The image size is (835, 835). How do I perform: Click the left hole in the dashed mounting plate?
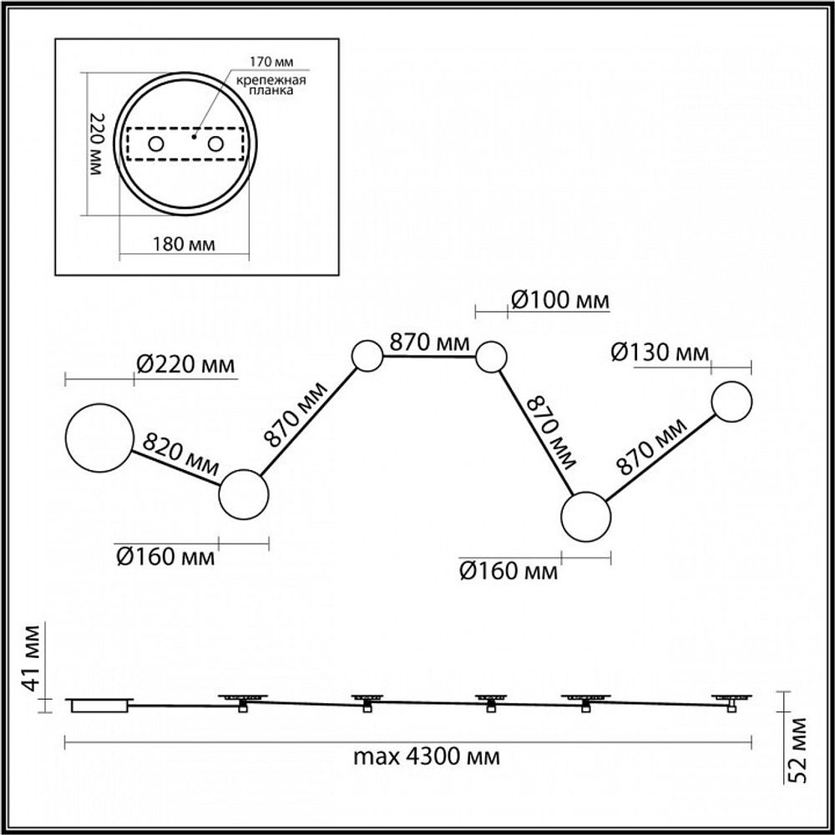(156, 144)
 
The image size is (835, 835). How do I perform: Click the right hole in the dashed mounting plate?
(217, 144)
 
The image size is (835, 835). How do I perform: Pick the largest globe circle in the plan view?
(99, 437)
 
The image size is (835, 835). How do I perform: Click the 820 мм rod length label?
(180, 453)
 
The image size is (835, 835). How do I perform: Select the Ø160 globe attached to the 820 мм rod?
(244, 495)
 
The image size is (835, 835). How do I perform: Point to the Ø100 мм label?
(559, 299)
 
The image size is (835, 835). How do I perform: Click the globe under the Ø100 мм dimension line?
(491, 357)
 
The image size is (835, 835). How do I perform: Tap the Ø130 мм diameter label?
(660, 352)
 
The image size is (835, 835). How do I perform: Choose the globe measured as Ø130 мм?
(732, 401)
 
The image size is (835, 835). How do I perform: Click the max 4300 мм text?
(427, 757)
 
